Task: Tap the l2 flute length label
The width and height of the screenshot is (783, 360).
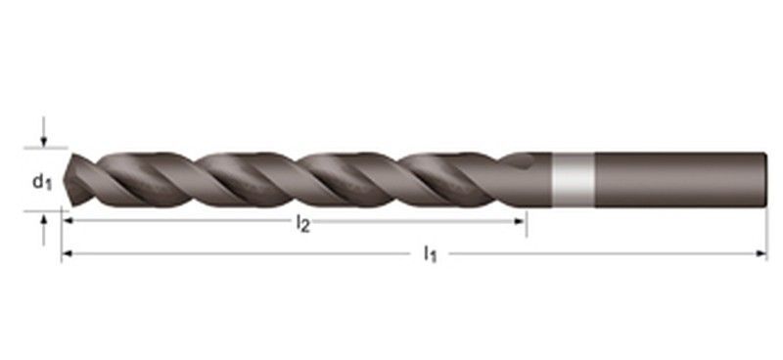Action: (302, 224)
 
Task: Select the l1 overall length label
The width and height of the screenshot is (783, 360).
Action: (429, 254)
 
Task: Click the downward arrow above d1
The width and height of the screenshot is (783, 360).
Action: (43, 140)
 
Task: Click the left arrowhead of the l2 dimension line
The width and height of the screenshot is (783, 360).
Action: (69, 222)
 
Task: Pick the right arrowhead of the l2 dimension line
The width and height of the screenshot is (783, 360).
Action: (521, 222)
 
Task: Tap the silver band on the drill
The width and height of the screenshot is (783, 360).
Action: (572, 180)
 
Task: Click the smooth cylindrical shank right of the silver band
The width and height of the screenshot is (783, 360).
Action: (675, 180)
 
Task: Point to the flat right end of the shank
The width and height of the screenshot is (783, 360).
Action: (764, 180)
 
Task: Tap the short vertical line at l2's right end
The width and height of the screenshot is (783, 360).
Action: (527, 223)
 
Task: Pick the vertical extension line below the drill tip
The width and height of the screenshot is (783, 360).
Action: (62, 235)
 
